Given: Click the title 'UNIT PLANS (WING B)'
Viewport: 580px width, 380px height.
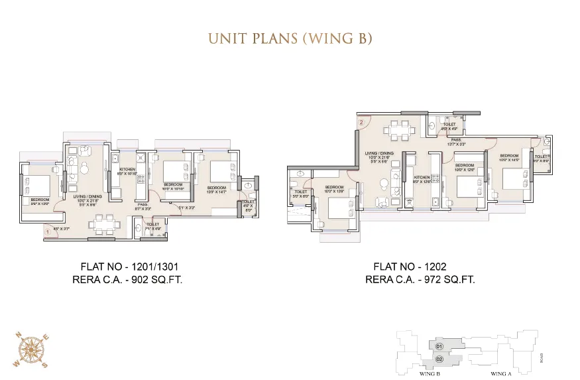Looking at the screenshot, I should coord(290,38).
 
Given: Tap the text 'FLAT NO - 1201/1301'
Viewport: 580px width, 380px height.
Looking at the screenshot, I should coord(130,267).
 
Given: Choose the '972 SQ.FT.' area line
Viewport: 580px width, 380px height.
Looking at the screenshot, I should coord(420,280).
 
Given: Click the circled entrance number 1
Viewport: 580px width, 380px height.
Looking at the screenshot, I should coord(48,231).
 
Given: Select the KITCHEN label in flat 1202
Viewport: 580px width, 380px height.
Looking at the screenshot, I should coord(420,178).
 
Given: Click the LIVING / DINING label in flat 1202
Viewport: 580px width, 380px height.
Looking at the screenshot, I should coord(379,155).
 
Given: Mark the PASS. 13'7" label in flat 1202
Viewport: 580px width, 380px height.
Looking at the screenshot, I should coord(456,142).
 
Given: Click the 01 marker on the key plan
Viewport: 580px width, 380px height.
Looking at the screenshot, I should coord(438,346).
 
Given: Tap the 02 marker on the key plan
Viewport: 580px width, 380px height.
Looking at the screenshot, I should coord(438,359).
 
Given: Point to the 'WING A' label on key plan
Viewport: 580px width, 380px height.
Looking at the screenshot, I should coord(500,374).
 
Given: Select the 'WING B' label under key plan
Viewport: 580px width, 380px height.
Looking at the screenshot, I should coord(431,374).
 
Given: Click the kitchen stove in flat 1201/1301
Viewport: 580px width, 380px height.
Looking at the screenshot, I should coord(140,159).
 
